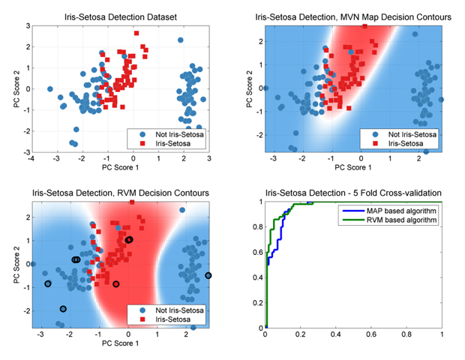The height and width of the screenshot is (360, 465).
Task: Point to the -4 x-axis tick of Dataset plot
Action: coord(31,159)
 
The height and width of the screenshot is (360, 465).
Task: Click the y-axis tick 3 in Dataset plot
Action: coord(25,25)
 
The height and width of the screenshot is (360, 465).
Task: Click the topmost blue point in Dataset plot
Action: coord(181,40)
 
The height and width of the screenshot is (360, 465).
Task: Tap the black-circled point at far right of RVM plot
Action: coord(208,276)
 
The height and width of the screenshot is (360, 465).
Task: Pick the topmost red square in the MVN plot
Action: coord(364,26)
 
